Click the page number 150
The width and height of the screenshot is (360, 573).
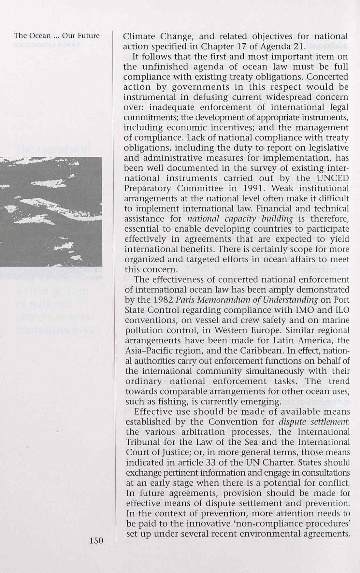[x=96, y=541]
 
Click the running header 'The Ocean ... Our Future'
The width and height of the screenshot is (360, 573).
[x=57, y=36]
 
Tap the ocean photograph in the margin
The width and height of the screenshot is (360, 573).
[x=51, y=212]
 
